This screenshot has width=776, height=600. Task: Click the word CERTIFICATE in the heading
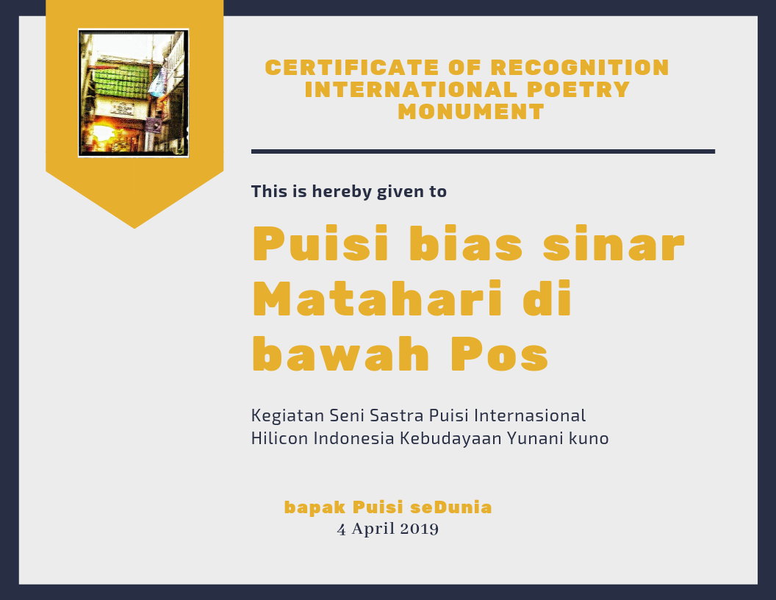(352, 68)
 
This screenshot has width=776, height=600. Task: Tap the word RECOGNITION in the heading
(580, 68)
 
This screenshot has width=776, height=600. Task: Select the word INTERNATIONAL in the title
(412, 90)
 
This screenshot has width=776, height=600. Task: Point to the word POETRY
(578, 90)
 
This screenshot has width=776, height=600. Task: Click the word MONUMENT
(471, 112)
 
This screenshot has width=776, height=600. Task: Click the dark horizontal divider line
(483, 151)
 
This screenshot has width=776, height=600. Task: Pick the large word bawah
(340, 354)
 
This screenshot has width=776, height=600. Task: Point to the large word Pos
(500, 354)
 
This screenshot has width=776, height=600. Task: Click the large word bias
(466, 243)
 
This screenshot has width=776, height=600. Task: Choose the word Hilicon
(280, 439)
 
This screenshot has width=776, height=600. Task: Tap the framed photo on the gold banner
(134, 93)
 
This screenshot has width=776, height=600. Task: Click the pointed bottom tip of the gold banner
(134, 228)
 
